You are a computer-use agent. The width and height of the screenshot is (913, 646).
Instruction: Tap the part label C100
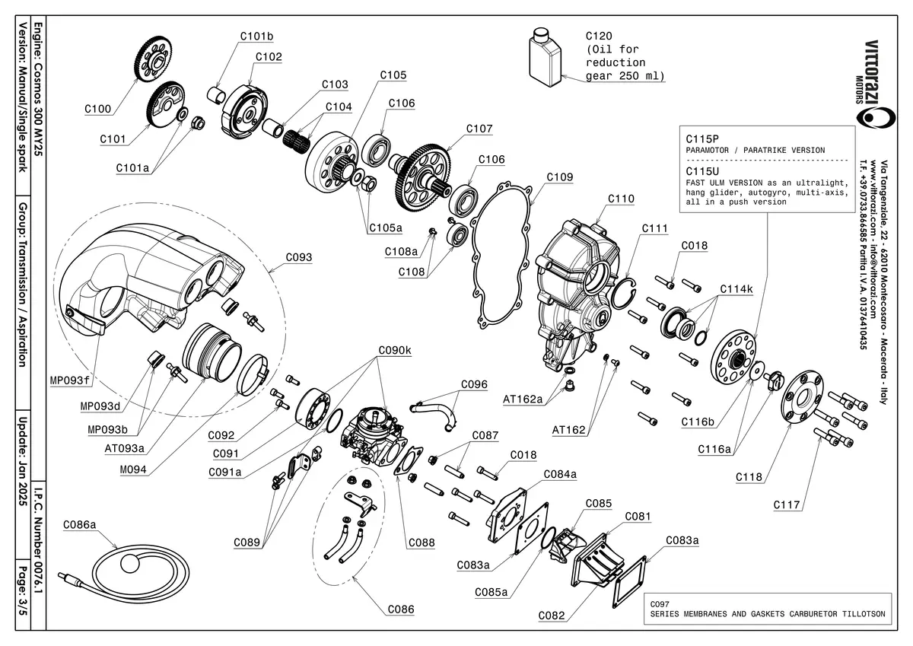(x=97, y=109)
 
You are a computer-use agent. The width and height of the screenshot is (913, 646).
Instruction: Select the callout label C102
(x=269, y=56)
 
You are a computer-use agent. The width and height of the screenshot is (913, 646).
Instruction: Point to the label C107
(x=479, y=129)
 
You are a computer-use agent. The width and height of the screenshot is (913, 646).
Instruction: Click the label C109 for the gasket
(x=560, y=177)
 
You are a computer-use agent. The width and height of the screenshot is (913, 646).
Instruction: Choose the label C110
(x=621, y=199)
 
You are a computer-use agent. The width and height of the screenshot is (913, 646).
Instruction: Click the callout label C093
(x=299, y=257)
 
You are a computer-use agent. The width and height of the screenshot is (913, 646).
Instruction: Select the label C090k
(x=395, y=351)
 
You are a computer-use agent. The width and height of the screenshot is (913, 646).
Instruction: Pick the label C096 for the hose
(x=474, y=384)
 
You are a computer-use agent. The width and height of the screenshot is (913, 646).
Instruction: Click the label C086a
(x=79, y=524)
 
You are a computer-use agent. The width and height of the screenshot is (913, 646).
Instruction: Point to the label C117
(x=787, y=504)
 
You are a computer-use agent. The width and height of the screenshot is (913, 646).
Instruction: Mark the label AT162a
(x=523, y=399)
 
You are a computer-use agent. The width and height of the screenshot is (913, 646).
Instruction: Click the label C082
(x=551, y=615)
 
